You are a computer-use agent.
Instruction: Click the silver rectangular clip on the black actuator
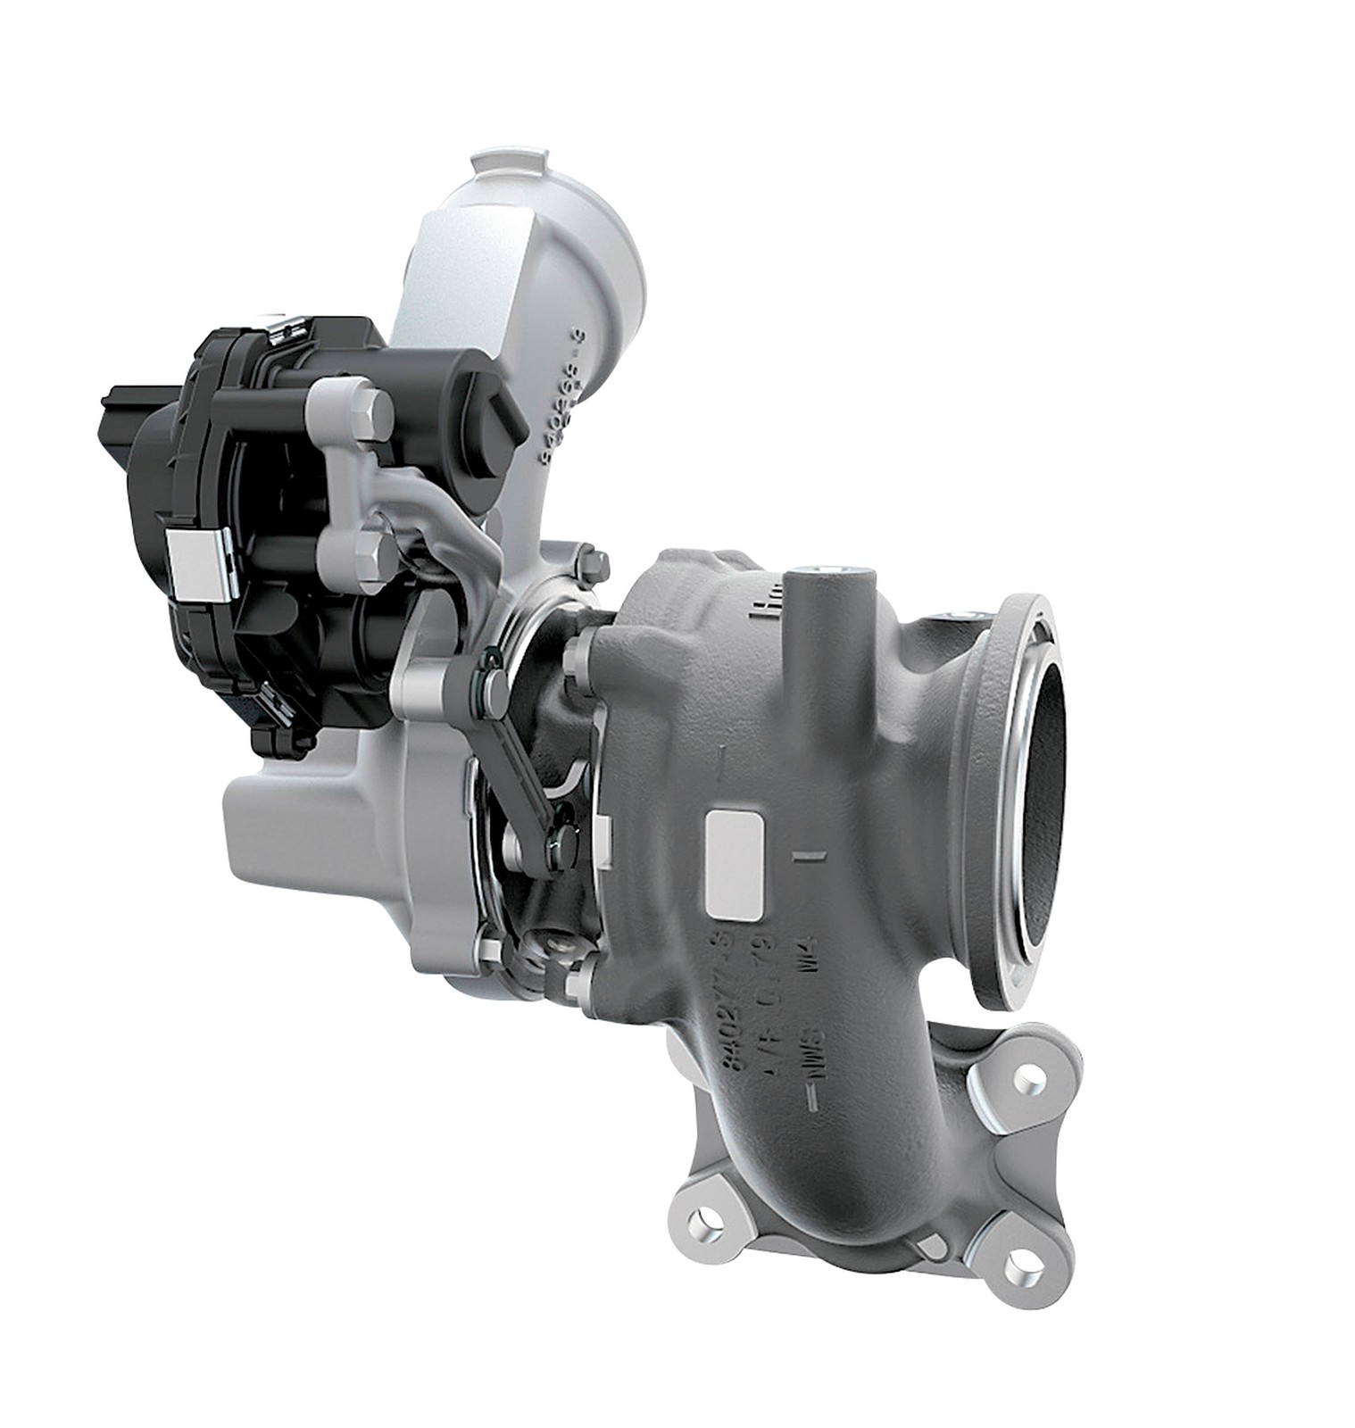point(197,563)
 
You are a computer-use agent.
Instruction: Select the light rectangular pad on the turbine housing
point(735,864)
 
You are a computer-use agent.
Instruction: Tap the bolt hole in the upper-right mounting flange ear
point(1033,1081)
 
